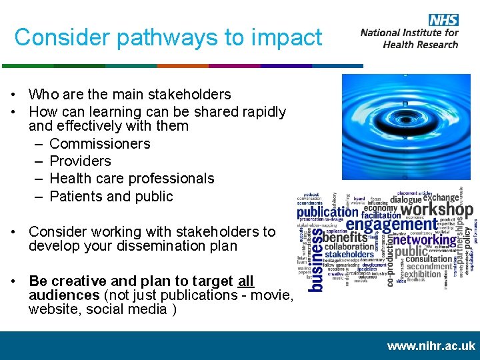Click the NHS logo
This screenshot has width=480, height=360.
point(443,19)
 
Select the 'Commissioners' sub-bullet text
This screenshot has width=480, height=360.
point(100,143)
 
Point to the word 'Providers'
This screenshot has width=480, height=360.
point(81,161)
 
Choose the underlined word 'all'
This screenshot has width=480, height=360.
point(245,281)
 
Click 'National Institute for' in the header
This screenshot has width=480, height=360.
point(409,33)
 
